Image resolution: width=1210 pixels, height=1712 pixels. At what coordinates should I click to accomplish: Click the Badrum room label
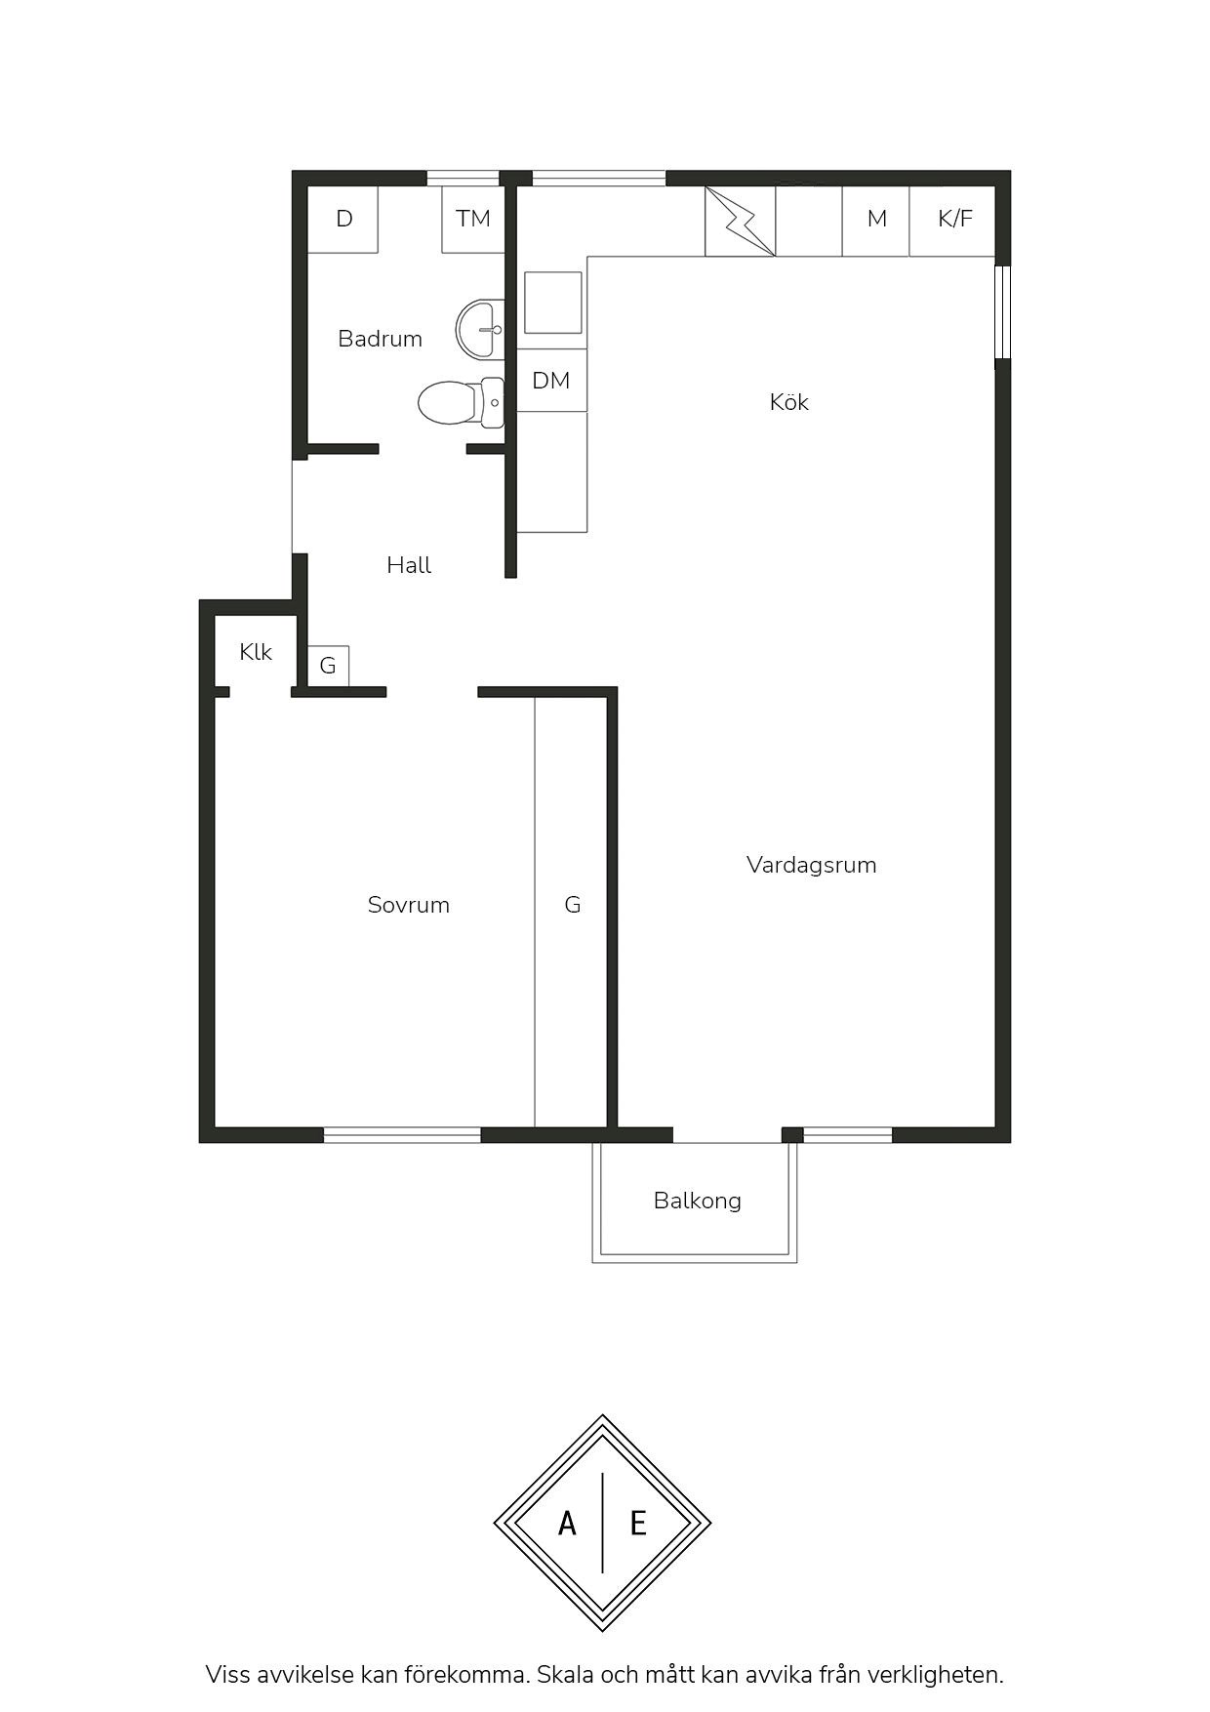[380, 339]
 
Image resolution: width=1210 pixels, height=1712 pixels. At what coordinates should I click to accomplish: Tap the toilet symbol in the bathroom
[461, 402]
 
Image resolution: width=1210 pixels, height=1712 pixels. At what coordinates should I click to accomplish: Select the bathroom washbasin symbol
[479, 329]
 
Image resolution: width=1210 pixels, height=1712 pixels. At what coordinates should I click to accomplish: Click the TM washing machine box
[473, 219]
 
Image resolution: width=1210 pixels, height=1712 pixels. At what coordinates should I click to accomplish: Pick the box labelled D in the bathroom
[343, 219]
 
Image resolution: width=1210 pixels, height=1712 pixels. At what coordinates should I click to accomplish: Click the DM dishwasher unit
[551, 381]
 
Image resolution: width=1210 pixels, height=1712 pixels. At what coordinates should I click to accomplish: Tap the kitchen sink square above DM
[553, 303]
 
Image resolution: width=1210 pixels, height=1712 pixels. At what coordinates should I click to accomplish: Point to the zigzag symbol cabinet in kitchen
[741, 221]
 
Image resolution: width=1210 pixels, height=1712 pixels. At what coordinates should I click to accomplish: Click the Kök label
[788, 402]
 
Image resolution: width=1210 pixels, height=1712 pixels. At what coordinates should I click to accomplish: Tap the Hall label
[409, 565]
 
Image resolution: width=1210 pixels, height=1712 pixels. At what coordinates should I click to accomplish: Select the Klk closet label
[256, 652]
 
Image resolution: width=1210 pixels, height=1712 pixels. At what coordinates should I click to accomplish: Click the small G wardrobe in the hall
[329, 666]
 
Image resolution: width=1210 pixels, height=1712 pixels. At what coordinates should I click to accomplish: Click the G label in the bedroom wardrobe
[573, 905]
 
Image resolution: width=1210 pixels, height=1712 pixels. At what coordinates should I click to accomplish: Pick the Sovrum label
[409, 905]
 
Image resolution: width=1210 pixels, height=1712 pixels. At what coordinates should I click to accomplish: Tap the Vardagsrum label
[812, 865]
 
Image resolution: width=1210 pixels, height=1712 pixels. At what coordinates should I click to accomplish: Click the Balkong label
[698, 1201]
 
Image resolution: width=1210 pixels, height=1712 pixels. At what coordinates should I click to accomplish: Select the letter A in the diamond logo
[567, 1523]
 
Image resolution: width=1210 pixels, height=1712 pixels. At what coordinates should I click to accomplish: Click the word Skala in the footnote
[565, 1675]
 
